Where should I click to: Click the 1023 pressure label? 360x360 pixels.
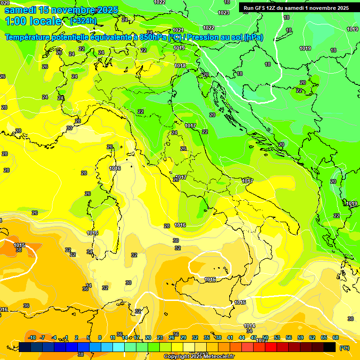(x=224, y=13)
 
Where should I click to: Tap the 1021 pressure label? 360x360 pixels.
(x=178, y=30)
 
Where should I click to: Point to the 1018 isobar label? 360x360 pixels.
(x=180, y=66)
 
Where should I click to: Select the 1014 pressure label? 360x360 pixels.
(x=249, y=326)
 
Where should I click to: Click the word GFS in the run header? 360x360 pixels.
(x=261, y=8)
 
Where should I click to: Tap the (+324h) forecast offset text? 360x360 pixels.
(x=83, y=21)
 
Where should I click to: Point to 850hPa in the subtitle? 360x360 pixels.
(x=153, y=37)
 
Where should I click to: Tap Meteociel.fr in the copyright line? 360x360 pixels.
(x=216, y=357)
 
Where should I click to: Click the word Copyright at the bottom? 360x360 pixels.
(x=176, y=357)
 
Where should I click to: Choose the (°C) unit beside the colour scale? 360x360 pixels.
(x=344, y=348)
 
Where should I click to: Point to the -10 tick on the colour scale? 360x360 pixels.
(x=32, y=337)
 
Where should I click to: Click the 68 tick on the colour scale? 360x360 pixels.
(x=336, y=337)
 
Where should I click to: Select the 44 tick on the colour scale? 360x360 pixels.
(x=242, y=337)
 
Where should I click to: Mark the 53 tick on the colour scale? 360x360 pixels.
(x=277, y=337)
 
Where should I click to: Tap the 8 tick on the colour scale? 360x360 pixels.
(x=100, y=337)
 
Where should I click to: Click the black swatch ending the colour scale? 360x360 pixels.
(x=330, y=347)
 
